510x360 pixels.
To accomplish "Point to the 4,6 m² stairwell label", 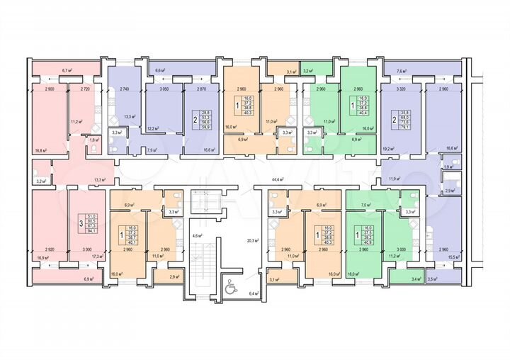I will pos(198,235).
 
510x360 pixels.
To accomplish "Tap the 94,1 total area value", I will pos(91,230).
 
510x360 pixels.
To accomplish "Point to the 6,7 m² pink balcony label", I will pos(67,71).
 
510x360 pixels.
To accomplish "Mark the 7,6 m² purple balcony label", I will pos(402,71).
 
